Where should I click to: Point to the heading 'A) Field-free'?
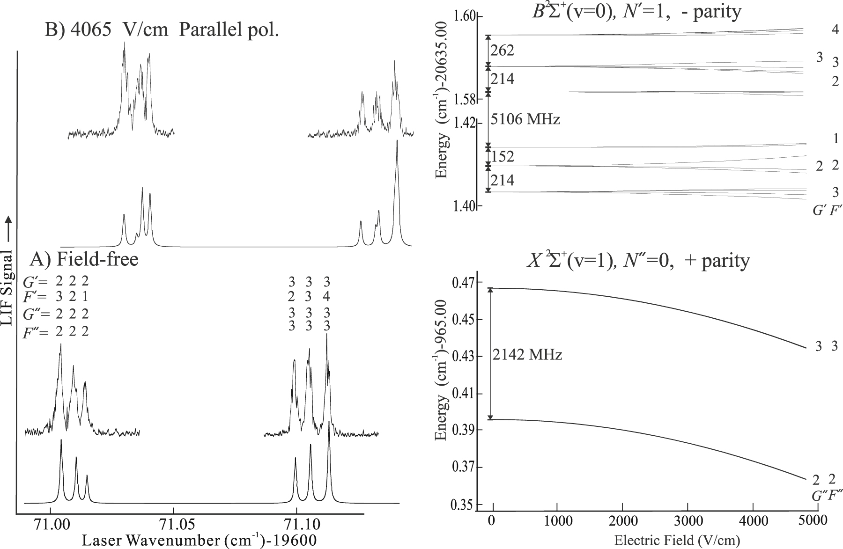point(84,258)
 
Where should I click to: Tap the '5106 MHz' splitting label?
point(525,119)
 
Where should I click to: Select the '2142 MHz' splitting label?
point(527,355)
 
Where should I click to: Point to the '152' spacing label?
point(503,156)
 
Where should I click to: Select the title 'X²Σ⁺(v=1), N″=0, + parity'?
point(638,261)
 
